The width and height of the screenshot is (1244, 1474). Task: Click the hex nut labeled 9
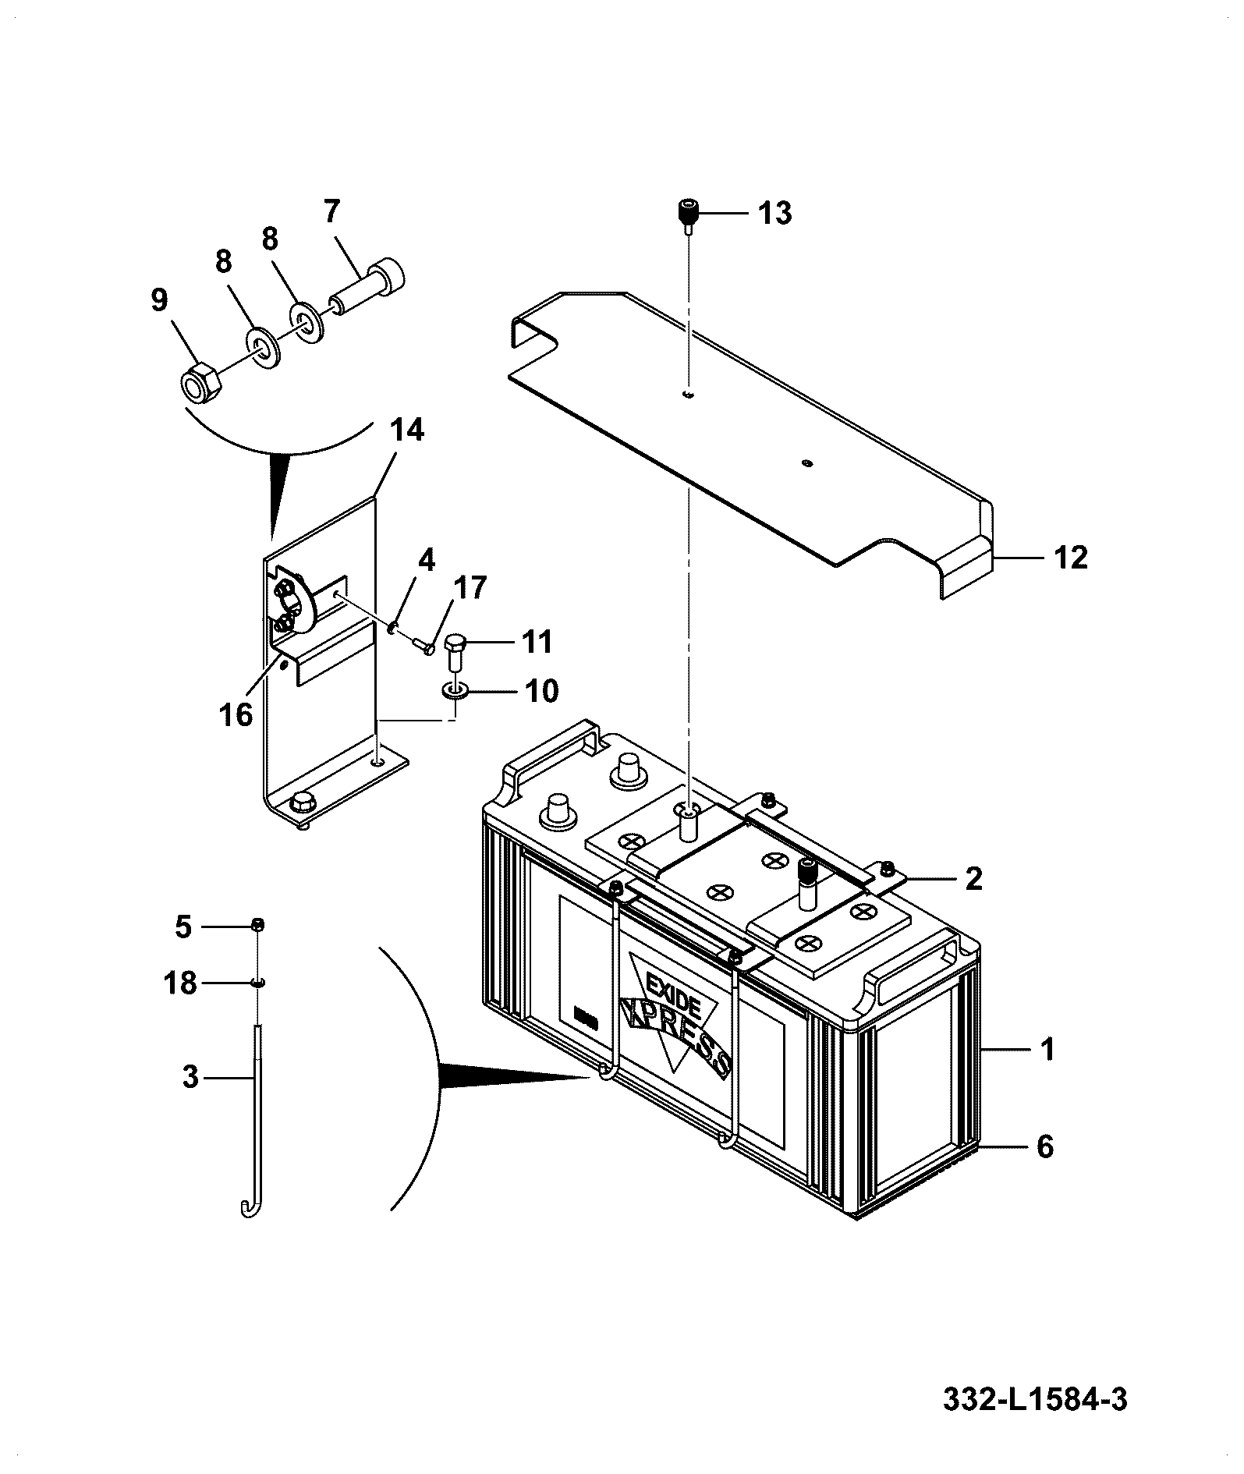coord(202,381)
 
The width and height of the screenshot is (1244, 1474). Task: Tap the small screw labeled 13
coord(687,216)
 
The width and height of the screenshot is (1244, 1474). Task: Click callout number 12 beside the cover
coord(1071,558)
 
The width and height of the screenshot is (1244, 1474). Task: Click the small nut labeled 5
coord(257,925)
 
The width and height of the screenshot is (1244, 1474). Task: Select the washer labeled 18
coord(257,982)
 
